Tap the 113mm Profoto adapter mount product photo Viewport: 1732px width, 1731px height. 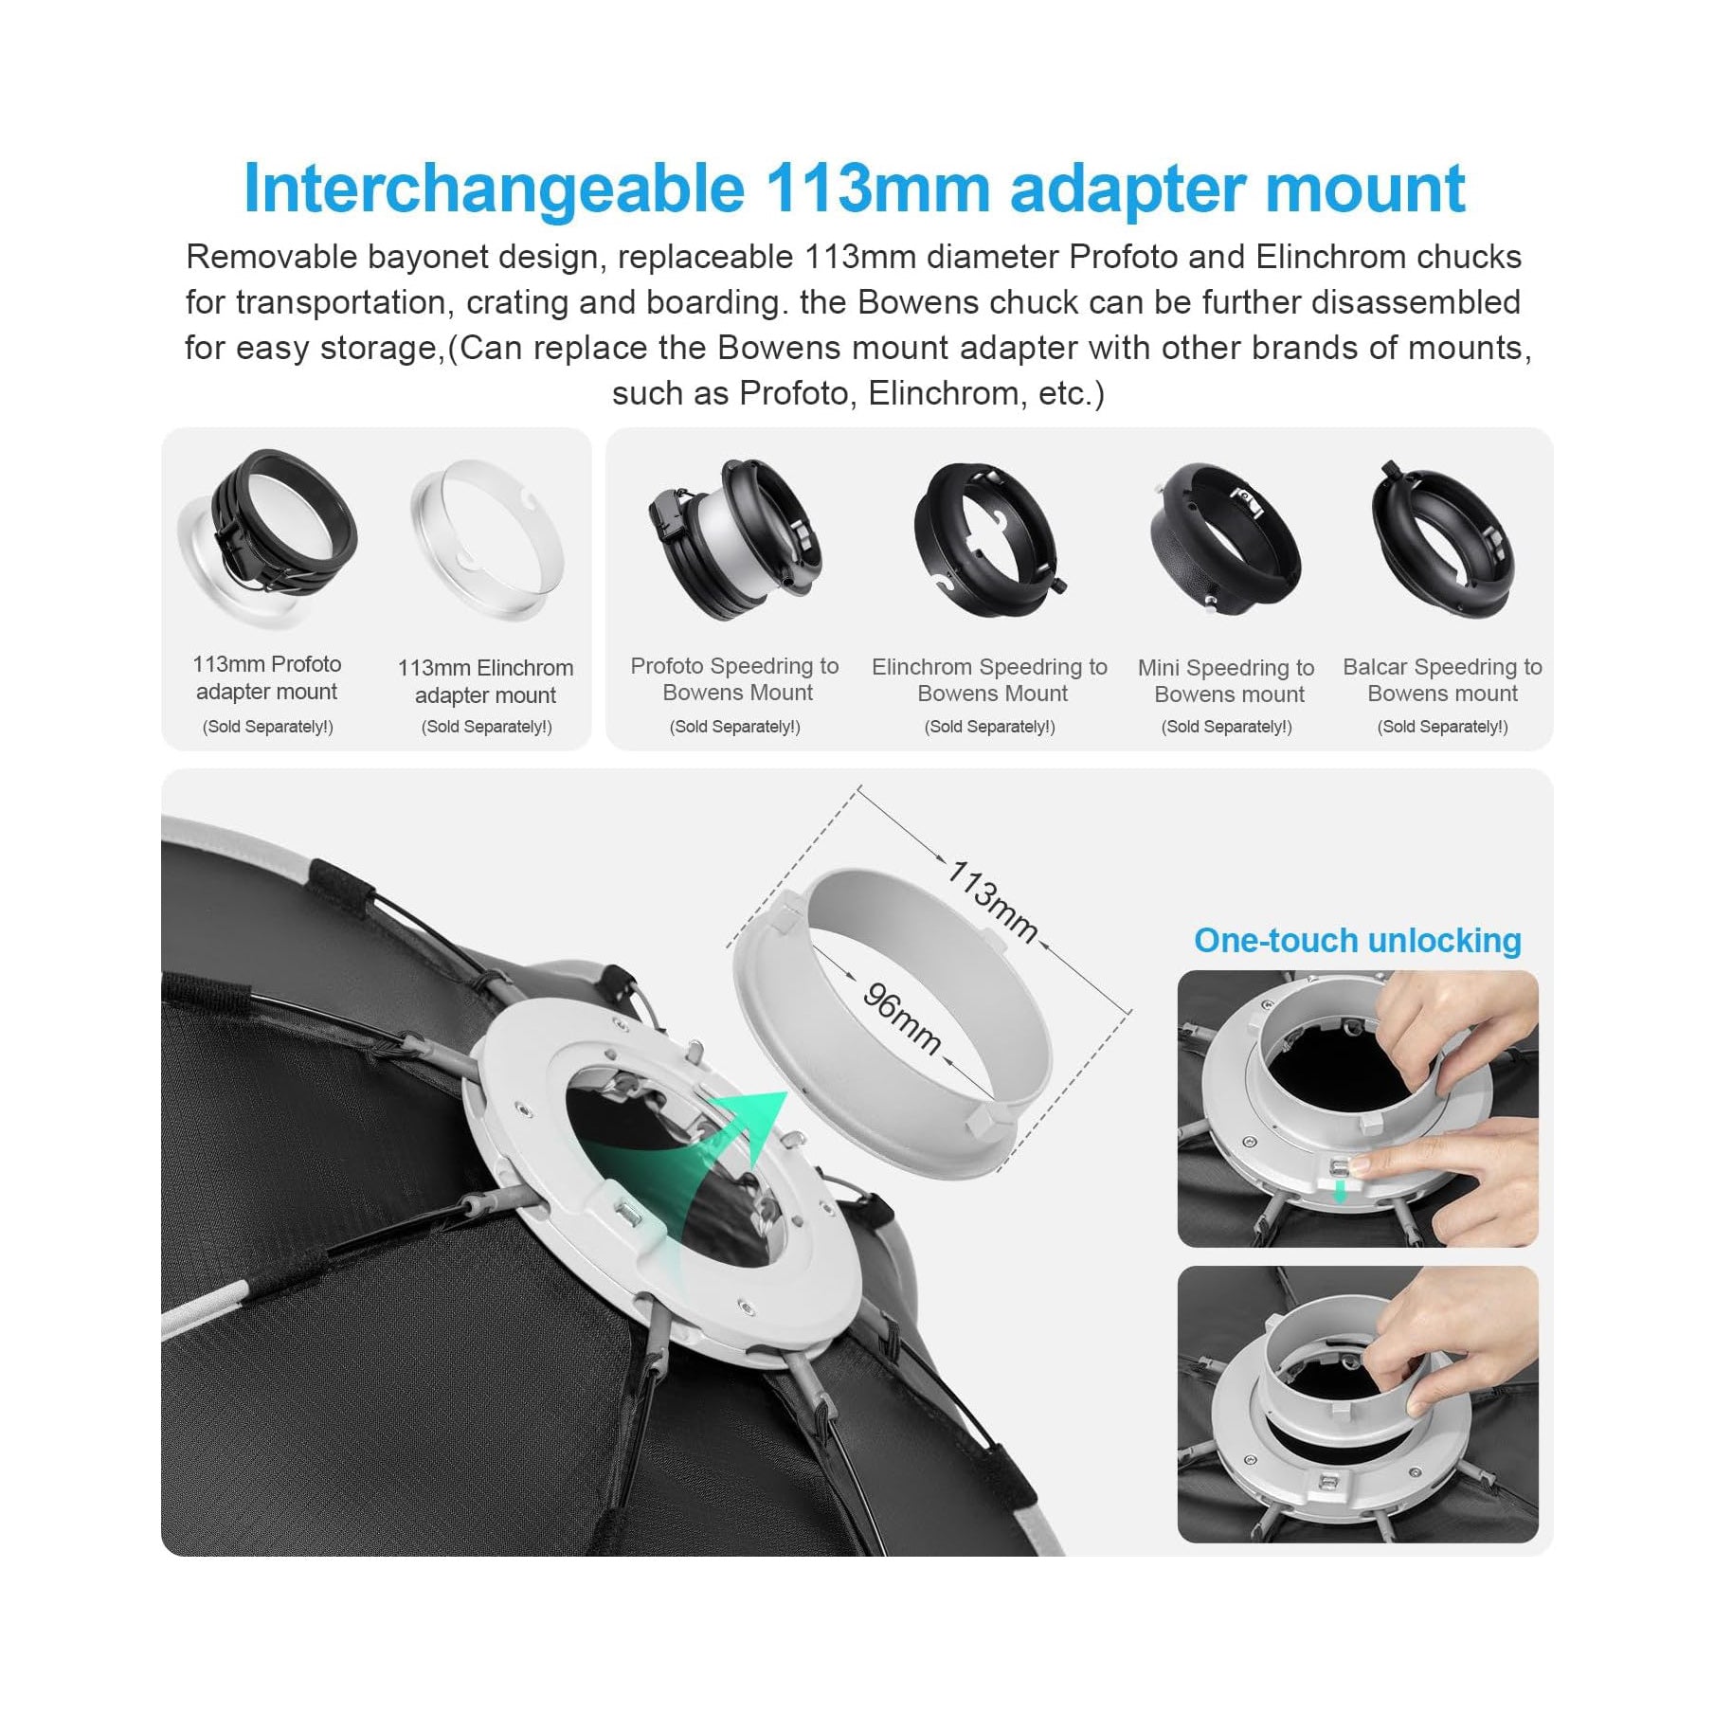click(x=266, y=535)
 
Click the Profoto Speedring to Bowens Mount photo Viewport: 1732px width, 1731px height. click(x=734, y=538)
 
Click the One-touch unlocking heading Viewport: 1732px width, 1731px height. click(x=1357, y=941)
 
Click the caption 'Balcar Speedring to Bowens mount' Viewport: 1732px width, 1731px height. click(x=1442, y=680)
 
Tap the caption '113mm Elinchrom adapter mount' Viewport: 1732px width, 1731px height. click(x=485, y=681)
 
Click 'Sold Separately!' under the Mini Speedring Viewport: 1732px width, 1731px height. click(x=1226, y=727)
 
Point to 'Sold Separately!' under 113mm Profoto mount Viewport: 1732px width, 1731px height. click(x=267, y=727)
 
